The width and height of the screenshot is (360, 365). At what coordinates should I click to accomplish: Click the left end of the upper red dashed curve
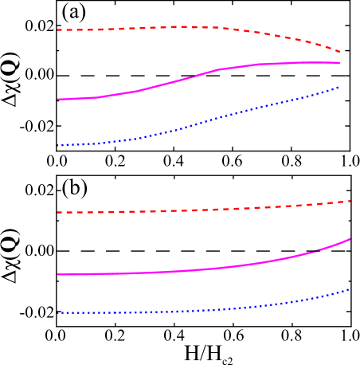click(57, 30)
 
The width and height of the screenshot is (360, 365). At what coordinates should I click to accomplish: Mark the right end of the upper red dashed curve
click(341, 52)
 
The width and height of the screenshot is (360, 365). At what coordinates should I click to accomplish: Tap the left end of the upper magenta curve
click(57, 99)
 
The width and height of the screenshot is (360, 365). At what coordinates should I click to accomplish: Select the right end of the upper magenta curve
click(340, 62)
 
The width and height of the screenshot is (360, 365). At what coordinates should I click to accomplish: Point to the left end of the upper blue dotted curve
click(57, 145)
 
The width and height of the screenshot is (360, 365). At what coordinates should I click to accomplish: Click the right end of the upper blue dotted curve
click(339, 87)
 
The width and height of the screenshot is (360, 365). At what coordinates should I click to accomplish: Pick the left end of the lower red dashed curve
click(57, 213)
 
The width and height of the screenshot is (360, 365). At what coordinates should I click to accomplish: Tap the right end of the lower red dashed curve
click(350, 201)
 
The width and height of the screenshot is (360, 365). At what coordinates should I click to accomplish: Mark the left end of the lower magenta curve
click(57, 274)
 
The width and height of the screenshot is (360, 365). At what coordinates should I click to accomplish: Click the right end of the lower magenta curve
click(350, 239)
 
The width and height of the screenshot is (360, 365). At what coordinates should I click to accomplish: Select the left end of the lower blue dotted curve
click(57, 313)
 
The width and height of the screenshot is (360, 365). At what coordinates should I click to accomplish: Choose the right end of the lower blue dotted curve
click(349, 289)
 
